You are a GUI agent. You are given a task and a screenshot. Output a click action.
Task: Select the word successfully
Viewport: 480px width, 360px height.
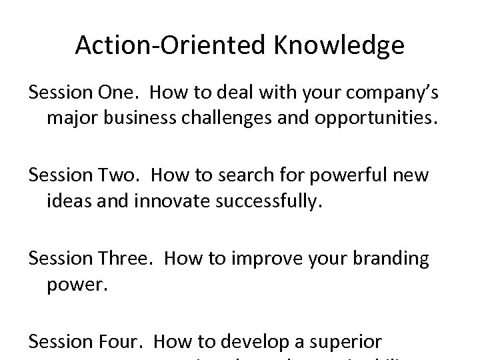273,201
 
